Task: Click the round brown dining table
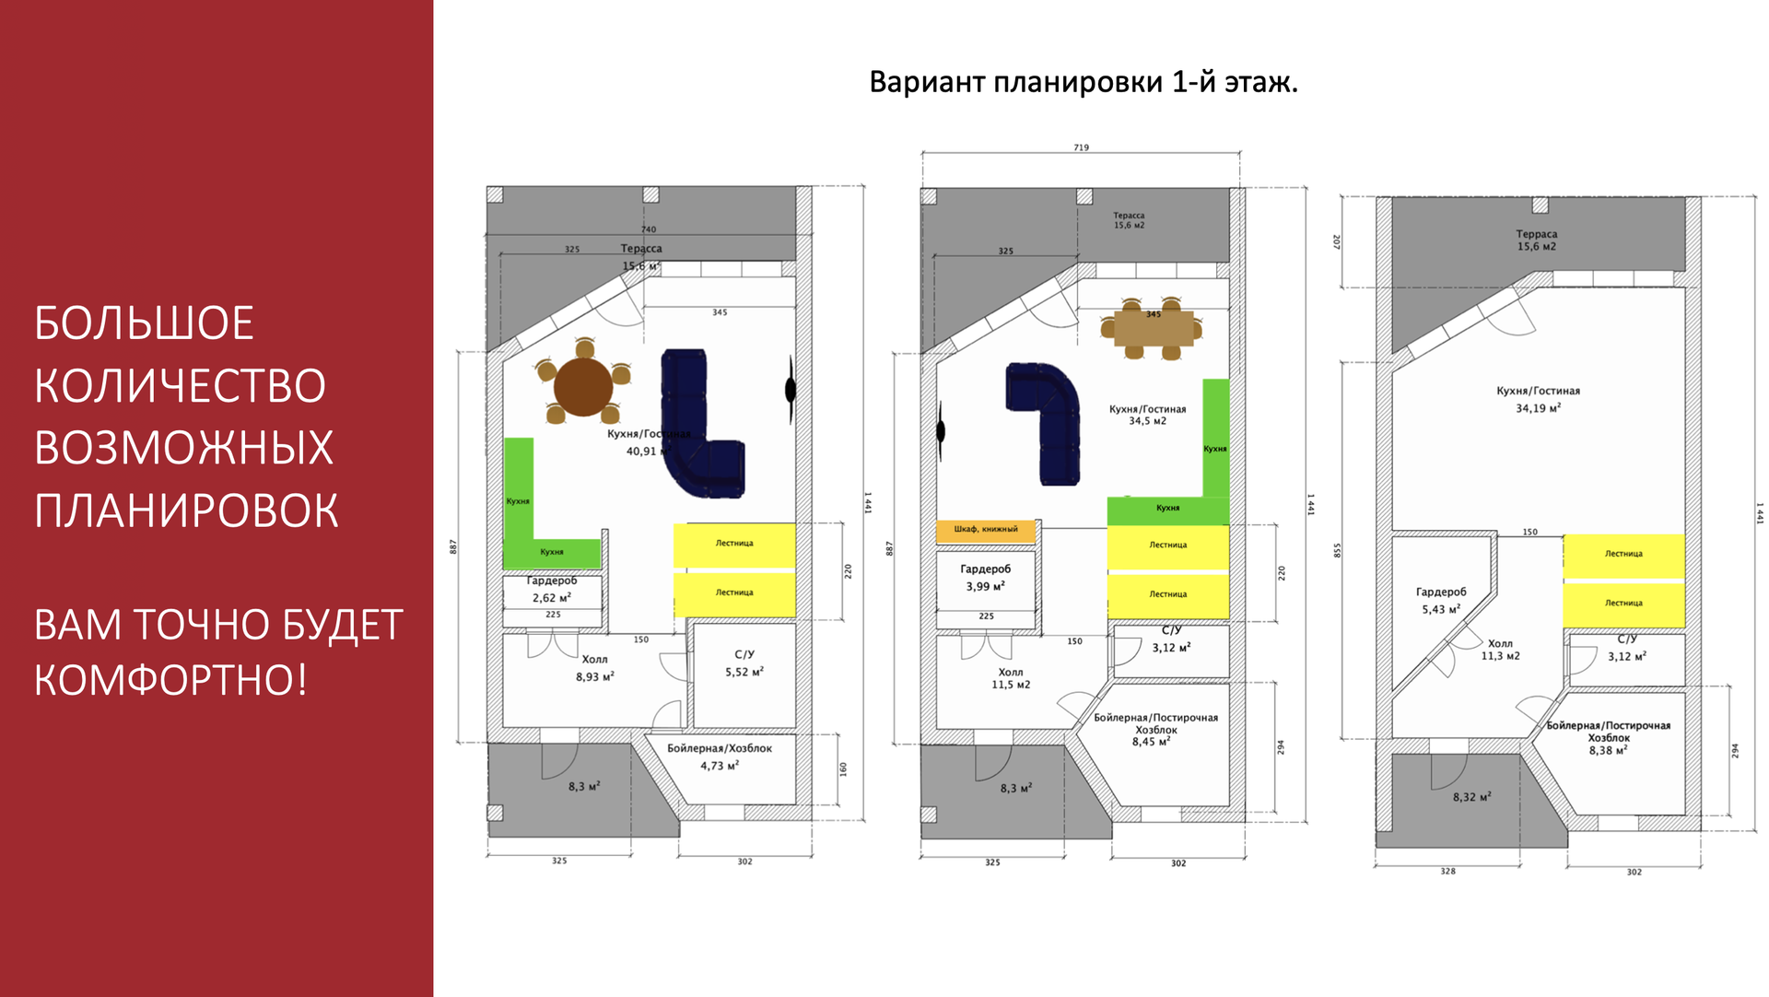[x=583, y=386]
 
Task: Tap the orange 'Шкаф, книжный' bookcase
[x=985, y=531]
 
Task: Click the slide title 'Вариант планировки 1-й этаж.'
[x=1084, y=82]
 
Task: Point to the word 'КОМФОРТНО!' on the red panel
[x=170, y=680]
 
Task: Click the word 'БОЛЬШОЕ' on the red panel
[x=145, y=323]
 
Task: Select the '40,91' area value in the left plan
[x=642, y=452]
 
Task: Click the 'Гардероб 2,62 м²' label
[x=552, y=590]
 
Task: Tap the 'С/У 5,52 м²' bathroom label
[x=744, y=663]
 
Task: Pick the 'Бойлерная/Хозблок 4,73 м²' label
[x=720, y=757]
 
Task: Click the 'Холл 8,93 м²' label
[x=595, y=668]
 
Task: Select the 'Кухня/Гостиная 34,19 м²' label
[x=1538, y=399]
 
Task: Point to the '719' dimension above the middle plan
[x=1081, y=147]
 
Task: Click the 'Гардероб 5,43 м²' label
[x=1440, y=601]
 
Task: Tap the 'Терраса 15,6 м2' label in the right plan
[x=1536, y=240]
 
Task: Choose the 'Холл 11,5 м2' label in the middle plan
[x=1011, y=678]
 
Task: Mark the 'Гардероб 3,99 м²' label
[x=985, y=578]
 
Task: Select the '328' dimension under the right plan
[x=1447, y=871]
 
